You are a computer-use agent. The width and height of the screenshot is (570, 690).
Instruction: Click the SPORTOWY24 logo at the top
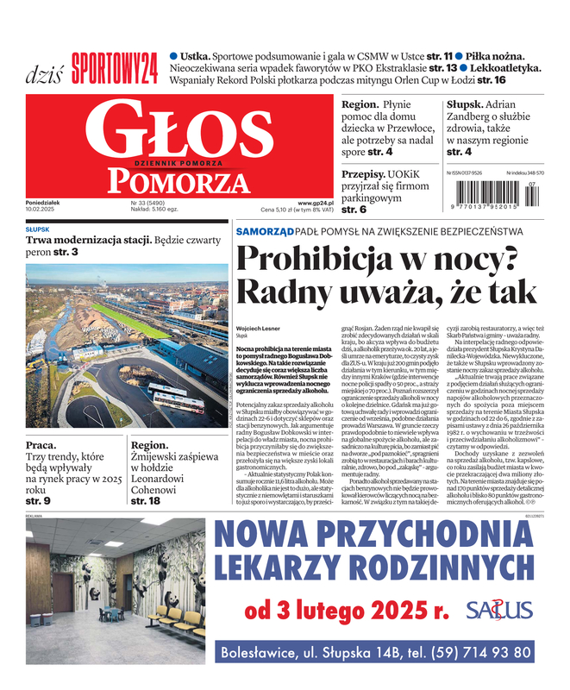(x=115, y=65)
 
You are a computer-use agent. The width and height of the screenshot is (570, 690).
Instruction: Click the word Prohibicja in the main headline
(x=336, y=261)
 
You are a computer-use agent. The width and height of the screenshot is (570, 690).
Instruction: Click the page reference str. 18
(x=145, y=500)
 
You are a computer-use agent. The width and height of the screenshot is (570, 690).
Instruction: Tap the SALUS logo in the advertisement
(x=499, y=611)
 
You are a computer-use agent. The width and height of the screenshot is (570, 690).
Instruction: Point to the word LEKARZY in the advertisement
(x=290, y=568)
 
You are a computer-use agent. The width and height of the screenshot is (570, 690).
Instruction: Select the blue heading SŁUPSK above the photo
(x=37, y=230)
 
